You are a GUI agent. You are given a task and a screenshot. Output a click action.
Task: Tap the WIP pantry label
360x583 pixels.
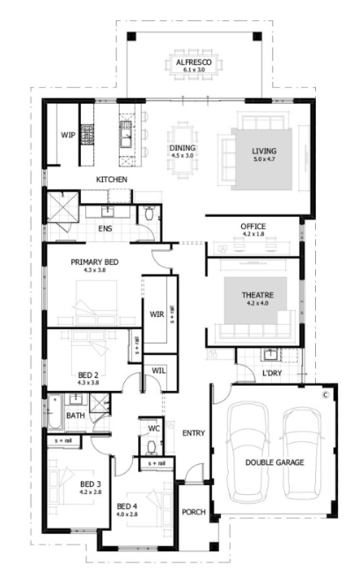tap(67, 135)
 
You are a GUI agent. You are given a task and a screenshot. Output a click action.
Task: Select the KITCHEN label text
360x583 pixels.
tap(112, 180)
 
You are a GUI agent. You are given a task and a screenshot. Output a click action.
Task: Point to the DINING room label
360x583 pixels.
tap(184, 149)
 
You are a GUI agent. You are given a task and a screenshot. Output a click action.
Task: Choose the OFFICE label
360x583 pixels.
tap(253, 226)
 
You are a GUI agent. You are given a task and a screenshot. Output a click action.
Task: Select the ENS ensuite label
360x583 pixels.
tap(105, 229)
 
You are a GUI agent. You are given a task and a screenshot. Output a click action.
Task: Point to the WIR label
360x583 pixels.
tap(158, 314)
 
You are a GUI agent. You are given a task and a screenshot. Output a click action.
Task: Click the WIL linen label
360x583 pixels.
tap(158, 371)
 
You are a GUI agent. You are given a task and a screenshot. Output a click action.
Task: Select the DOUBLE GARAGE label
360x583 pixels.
tap(274, 461)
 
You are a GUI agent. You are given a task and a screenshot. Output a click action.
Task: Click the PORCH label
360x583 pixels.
tap(193, 512)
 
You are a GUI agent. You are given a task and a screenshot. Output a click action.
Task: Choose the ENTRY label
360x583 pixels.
tap(193, 432)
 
